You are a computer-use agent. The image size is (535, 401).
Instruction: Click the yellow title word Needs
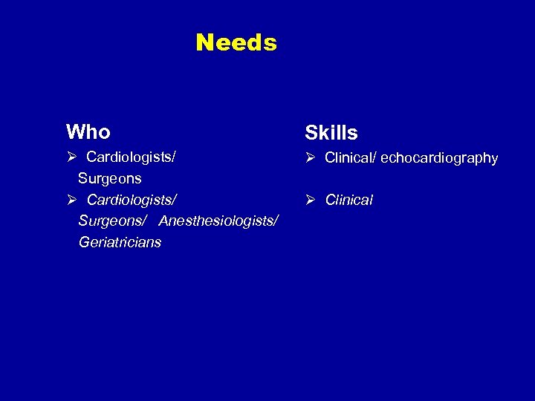(236, 43)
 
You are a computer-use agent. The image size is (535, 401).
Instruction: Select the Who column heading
(88, 132)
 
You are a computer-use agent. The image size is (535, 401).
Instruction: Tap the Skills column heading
(331, 133)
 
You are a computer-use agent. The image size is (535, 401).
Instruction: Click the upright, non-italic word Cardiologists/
(131, 157)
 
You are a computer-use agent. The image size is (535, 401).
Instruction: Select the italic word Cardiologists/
(131, 200)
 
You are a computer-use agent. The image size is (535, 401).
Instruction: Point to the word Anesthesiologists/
(218, 221)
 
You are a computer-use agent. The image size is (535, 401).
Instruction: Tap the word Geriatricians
(119, 243)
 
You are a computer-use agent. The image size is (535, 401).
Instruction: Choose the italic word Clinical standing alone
(348, 200)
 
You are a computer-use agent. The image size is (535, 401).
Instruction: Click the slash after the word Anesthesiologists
(276, 221)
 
